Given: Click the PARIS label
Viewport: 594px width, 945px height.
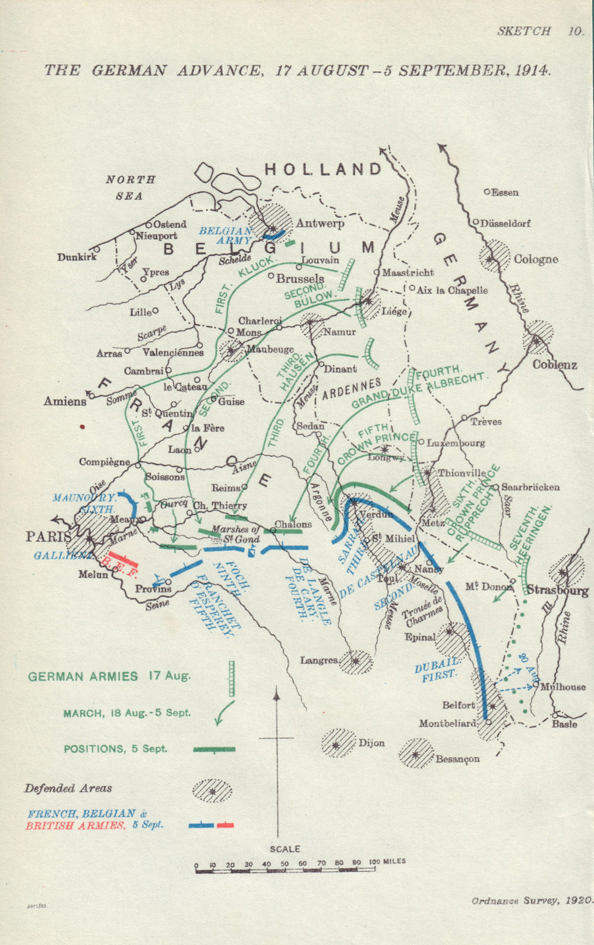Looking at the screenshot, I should coord(48,537).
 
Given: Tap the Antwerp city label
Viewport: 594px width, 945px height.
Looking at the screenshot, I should coord(320,224).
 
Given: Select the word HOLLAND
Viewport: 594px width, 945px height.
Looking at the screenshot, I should coord(323,170).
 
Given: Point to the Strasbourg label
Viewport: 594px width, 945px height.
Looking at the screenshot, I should coord(557,590).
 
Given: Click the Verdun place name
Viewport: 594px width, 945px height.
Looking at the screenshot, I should coord(377,515).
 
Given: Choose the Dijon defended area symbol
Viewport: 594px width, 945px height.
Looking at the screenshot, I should coord(337,743).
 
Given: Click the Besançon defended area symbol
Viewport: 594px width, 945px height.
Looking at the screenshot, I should coord(416,754).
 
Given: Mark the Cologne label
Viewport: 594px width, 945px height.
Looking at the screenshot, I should coord(536,259).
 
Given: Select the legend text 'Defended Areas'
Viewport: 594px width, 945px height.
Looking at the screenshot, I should coord(68,788).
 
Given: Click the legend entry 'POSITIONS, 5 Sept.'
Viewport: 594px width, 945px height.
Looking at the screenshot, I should coord(115,749).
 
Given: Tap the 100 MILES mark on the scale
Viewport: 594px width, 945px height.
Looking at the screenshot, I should coord(386,861).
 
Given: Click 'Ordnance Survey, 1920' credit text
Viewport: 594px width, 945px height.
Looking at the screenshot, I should coord(531,900).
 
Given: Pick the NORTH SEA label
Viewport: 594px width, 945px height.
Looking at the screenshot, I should coord(130,187).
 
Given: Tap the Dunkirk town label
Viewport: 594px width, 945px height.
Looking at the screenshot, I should coord(77,257).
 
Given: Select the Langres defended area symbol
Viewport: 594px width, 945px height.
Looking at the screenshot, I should coord(355,661).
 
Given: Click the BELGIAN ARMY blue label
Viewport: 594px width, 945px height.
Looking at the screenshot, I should coord(225,236).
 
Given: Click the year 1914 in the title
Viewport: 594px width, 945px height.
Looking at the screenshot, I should coord(532,70).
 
